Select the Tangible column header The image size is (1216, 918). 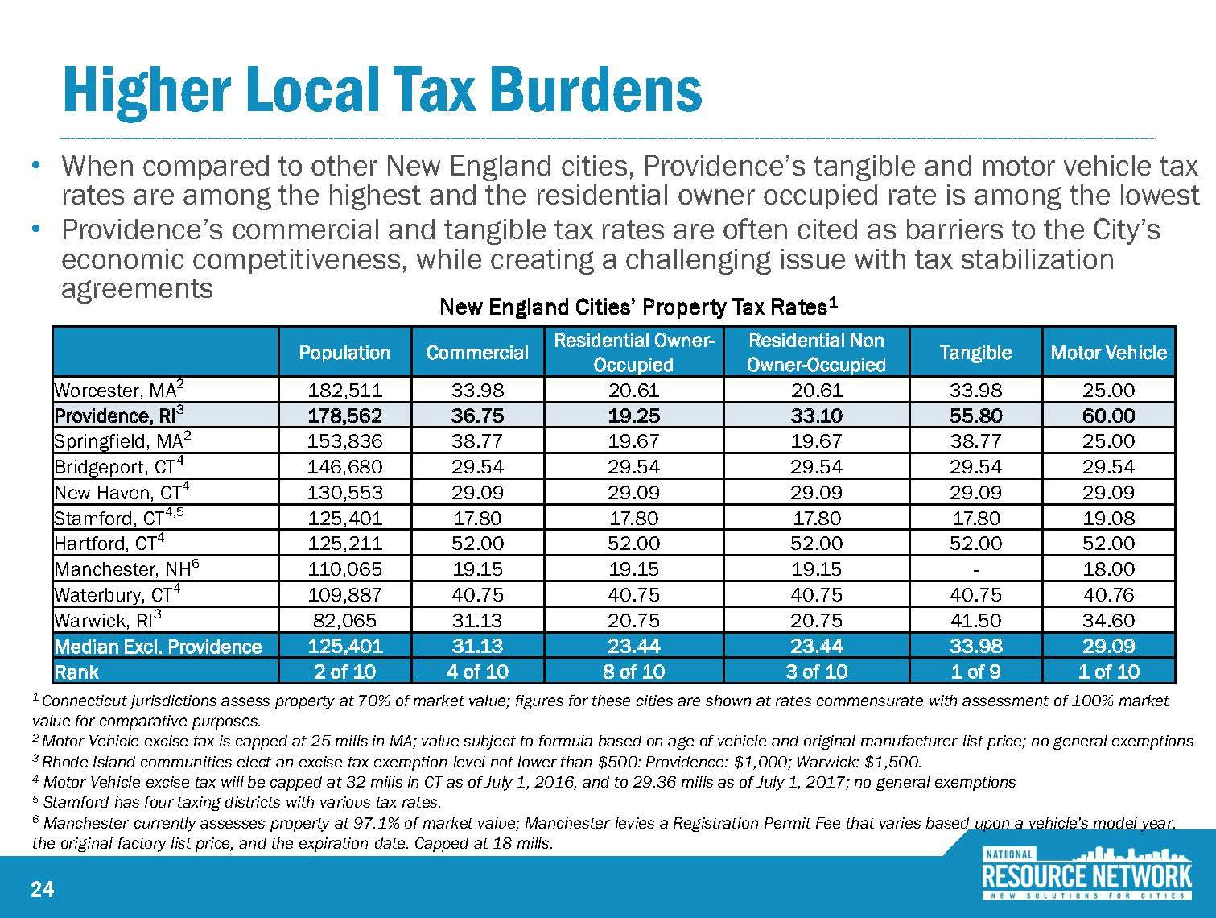(975, 353)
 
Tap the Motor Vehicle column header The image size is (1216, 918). (1108, 353)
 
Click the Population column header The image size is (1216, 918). (344, 353)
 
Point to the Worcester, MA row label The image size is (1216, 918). (120, 391)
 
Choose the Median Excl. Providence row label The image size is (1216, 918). (158, 647)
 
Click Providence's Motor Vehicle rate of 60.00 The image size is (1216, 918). (1108, 416)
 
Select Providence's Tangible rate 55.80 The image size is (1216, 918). (975, 416)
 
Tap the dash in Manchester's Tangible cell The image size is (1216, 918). (975, 569)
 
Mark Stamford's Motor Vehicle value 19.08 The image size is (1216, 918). (1108, 518)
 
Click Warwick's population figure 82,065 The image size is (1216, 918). (344, 620)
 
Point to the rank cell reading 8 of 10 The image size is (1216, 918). (633, 672)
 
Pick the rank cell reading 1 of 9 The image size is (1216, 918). (975, 672)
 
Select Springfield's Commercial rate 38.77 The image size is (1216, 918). (478, 441)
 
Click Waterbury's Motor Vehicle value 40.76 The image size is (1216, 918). (1108, 594)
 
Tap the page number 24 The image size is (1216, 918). (42, 889)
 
